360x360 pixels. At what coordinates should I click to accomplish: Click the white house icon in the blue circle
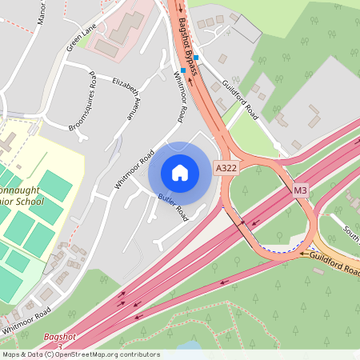pos(180,172)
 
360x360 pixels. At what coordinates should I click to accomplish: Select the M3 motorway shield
pos(300,191)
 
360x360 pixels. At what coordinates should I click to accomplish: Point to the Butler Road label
pos(172,208)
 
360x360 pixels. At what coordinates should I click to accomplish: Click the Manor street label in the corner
pos(42,11)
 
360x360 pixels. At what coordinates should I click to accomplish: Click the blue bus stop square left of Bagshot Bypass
pos(182,70)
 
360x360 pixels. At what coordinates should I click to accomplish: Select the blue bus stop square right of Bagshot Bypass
pos(196,58)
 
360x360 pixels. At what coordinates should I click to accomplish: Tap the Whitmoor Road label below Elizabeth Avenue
pos(134,169)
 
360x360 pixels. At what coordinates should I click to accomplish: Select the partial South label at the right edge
pos(351,233)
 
